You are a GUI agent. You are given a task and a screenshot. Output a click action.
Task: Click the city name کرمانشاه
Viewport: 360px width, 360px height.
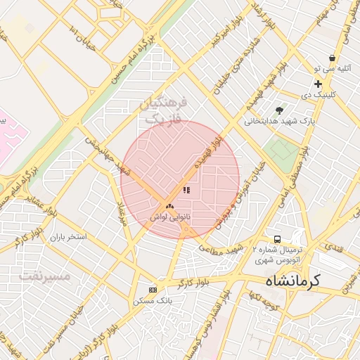click(x=292, y=281)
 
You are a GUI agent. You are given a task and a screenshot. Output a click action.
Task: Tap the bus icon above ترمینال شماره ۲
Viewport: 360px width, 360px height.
click(x=278, y=240)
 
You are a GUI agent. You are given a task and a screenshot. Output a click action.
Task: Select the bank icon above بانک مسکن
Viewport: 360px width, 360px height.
click(x=153, y=290)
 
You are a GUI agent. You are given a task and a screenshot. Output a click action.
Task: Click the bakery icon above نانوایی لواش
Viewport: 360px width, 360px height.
click(x=169, y=207)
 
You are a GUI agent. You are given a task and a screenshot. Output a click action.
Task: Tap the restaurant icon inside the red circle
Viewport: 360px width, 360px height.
click(x=186, y=190)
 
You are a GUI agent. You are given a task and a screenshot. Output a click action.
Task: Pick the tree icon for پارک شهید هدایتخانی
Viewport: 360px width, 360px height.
click(x=280, y=110)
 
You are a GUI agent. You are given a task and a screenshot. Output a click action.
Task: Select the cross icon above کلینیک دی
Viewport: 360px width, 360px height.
click(x=318, y=84)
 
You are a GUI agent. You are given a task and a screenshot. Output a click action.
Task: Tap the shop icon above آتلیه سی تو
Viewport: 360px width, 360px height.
click(x=332, y=58)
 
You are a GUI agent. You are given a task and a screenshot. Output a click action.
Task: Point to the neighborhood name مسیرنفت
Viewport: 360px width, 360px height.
click(x=45, y=276)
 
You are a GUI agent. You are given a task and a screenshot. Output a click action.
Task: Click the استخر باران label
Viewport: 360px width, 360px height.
click(x=67, y=237)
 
